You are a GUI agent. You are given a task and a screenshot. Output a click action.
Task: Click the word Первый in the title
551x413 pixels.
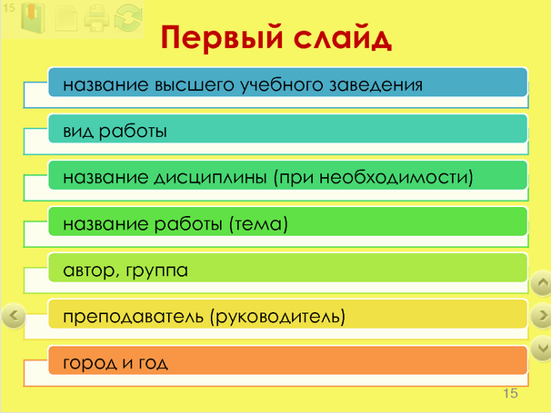(x=222, y=37)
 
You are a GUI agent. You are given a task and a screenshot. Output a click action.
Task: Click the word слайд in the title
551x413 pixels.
(x=343, y=36)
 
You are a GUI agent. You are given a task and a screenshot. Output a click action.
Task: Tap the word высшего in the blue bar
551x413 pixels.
(x=194, y=85)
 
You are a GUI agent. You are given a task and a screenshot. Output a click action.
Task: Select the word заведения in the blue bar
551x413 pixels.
(x=376, y=85)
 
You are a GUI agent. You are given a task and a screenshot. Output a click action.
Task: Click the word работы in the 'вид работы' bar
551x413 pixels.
(x=133, y=132)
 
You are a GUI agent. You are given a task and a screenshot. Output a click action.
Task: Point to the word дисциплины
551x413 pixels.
(x=211, y=178)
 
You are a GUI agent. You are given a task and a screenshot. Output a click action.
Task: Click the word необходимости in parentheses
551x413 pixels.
(x=393, y=178)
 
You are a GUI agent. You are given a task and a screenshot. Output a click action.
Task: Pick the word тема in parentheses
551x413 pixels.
(x=258, y=224)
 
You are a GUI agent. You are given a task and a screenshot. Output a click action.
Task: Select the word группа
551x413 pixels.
(x=156, y=270)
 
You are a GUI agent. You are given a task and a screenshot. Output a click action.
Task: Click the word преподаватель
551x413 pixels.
(x=133, y=317)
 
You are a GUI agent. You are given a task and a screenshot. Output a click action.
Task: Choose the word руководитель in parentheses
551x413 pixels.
(x=277, y=317)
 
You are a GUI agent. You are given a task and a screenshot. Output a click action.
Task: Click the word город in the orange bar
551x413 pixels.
(x=90, y=363)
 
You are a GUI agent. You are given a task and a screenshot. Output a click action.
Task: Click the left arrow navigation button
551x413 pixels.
(x=14, y=316)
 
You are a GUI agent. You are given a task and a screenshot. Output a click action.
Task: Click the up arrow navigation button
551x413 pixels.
(x=542, y=282)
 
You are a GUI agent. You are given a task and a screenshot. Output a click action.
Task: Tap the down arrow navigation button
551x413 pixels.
(x=542, y=348)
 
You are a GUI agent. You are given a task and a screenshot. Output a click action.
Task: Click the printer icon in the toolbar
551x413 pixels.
(x=96, y=17)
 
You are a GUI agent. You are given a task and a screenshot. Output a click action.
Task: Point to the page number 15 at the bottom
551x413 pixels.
(x=510, y=393)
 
